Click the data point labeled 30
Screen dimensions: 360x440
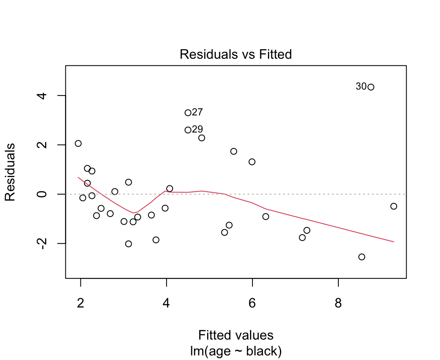[x=371, y=87]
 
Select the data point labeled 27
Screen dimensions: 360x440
[x=188, y=113]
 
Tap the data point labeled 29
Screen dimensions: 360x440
[x=188, y=130]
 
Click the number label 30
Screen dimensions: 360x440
[x=361, y=87]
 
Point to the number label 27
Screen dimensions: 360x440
[x=197, y=112]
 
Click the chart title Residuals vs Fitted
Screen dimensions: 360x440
[x=235, y=55]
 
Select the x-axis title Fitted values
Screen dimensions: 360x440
[x=235, y=335]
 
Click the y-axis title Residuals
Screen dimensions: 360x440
[x=10, y=172]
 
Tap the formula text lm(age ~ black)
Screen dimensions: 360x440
[x=235, y=351]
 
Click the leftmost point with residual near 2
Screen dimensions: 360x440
[x=78, y=144]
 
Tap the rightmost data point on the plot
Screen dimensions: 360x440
[x=394, y=206]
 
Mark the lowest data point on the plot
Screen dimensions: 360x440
[x=362, y=257]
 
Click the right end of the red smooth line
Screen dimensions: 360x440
[x=393, y=242]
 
